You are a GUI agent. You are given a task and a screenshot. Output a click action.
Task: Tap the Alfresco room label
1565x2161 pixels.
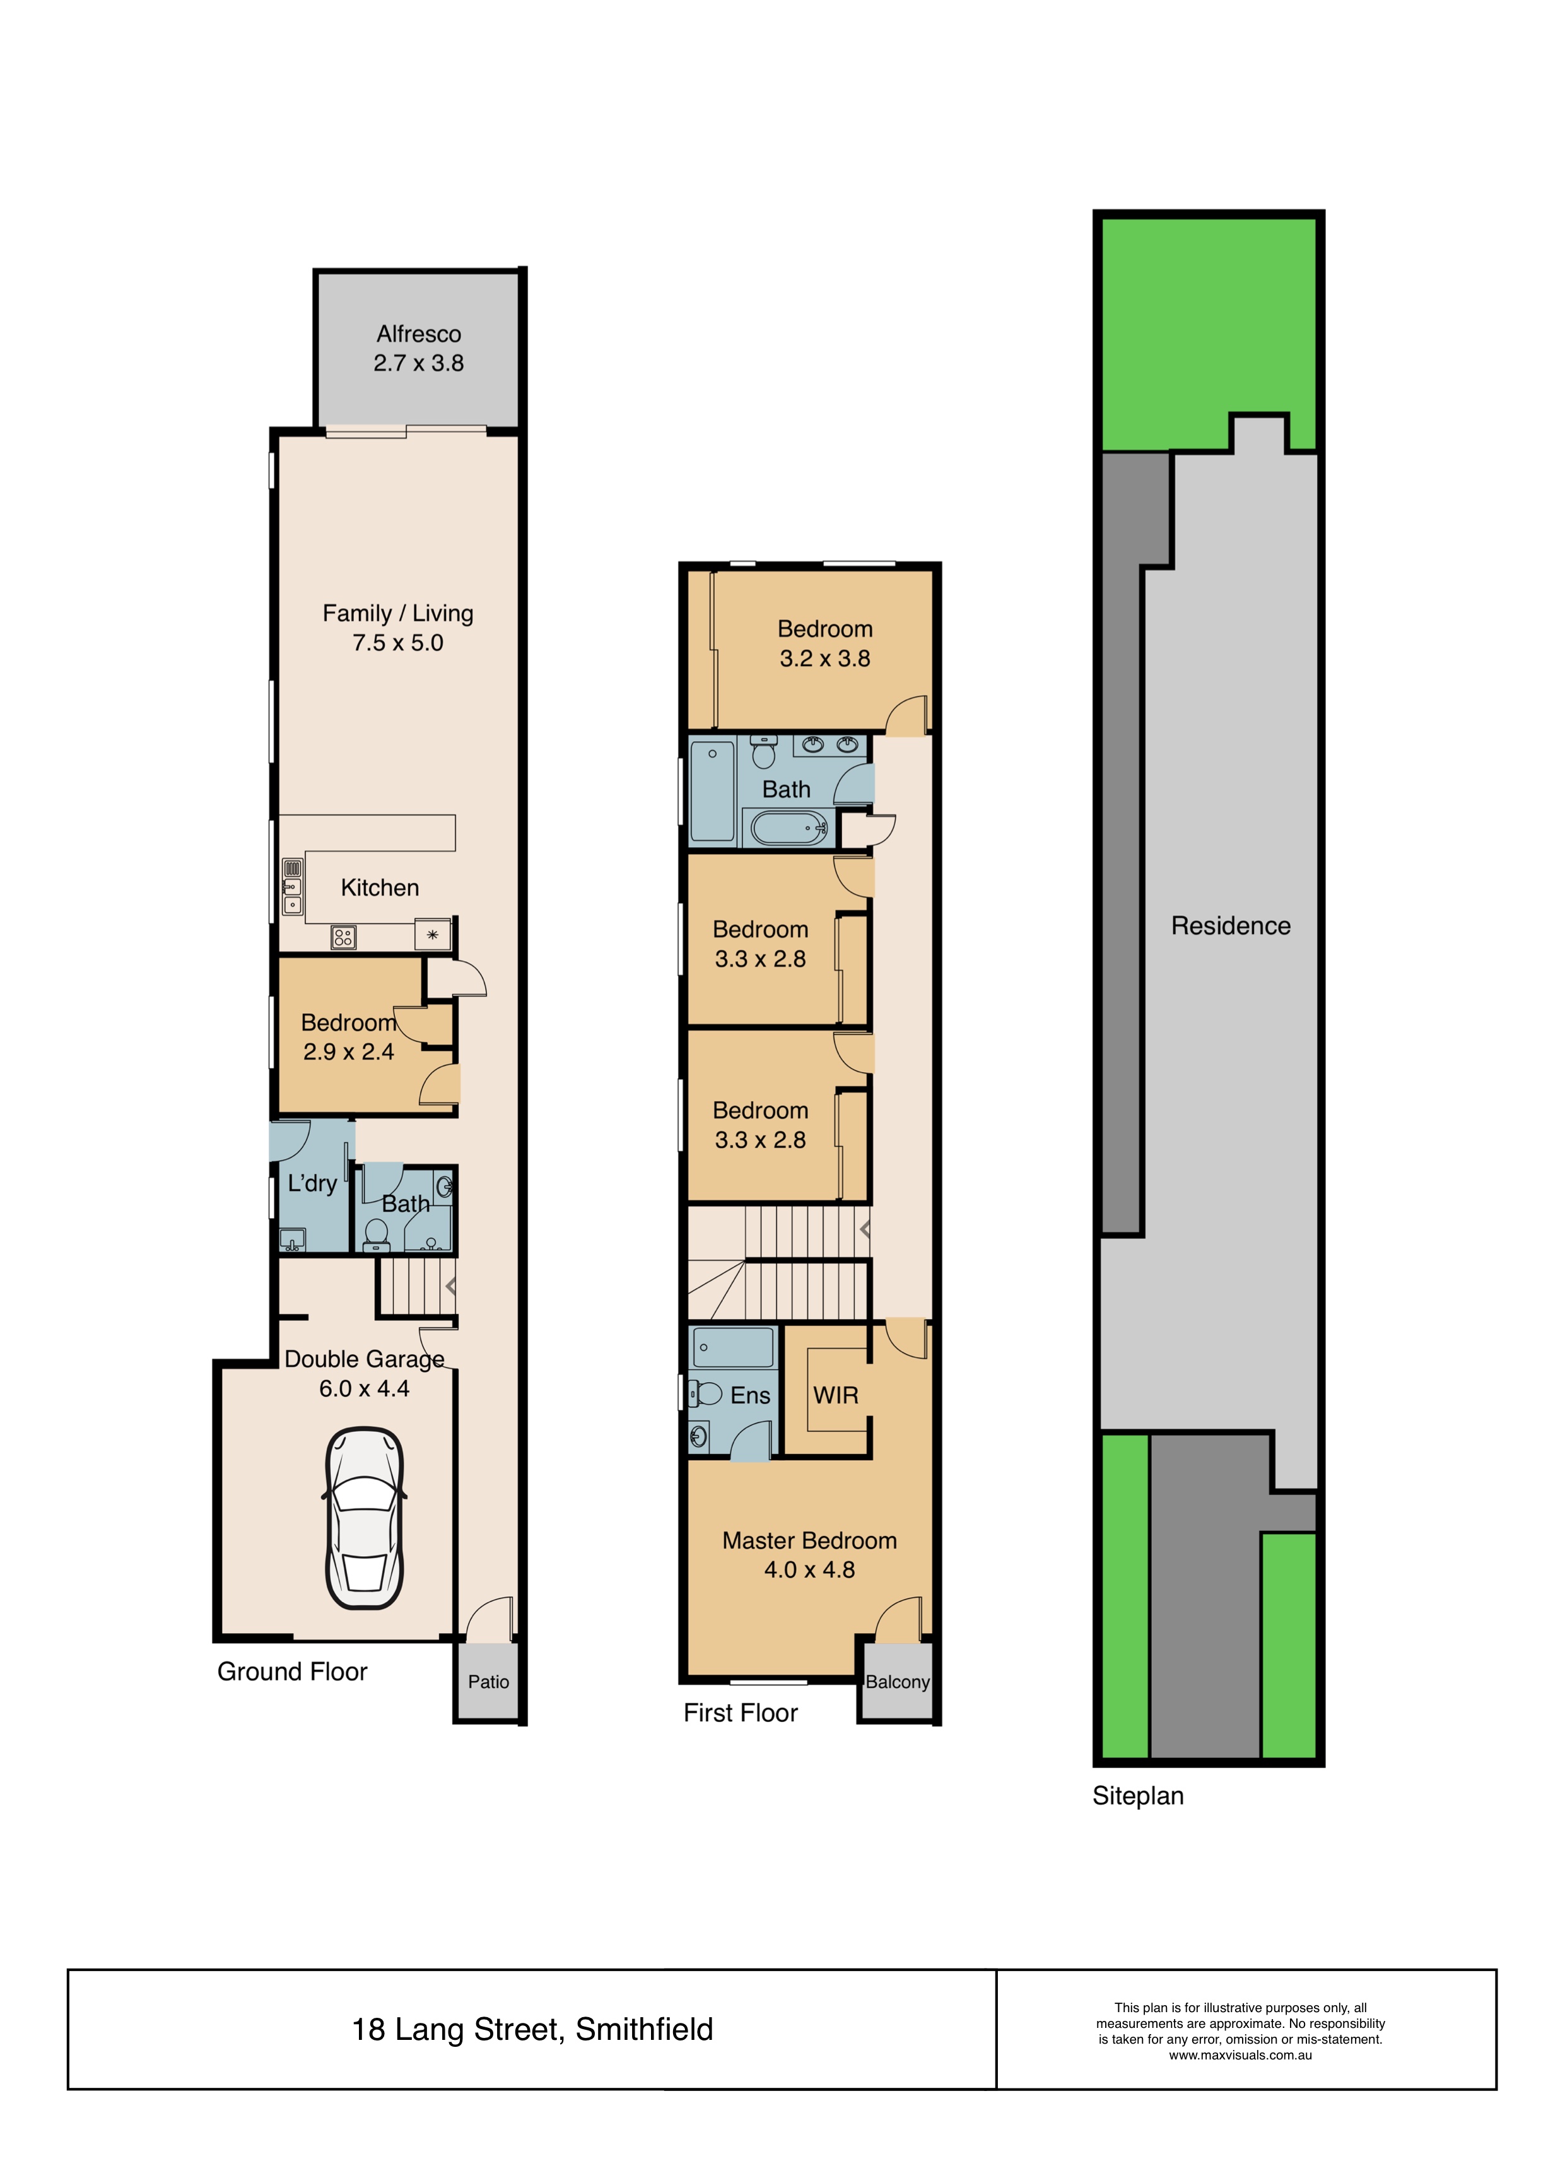click(x=418, y=334)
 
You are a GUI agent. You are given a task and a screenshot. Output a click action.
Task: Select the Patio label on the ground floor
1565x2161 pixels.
click(x=488, y=1682)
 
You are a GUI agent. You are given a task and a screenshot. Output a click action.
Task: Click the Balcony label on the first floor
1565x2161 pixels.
click(x=897, y=1682)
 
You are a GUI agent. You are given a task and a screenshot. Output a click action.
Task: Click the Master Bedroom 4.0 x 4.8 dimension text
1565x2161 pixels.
click(x=809, y=1569)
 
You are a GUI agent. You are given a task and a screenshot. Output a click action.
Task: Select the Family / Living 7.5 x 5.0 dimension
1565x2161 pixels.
click(x=397, y=643)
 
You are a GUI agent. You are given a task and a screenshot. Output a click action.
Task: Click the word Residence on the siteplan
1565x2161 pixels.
click(x=1231, y=925)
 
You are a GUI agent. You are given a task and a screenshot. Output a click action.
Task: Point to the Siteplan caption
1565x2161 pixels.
click(x=1138, y=1796)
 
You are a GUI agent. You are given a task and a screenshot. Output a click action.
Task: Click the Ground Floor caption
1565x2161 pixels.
click(x=291, y=1672)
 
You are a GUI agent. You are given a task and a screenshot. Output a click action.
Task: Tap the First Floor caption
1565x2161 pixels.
click(x=741, y=1713)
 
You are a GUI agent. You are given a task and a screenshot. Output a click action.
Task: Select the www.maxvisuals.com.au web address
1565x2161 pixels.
click(x=1240, y=2055)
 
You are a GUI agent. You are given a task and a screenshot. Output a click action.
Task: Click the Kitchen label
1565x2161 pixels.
click(x=379, y=888)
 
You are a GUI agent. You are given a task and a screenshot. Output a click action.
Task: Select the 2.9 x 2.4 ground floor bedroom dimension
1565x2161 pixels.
click(x=348, y=1052)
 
